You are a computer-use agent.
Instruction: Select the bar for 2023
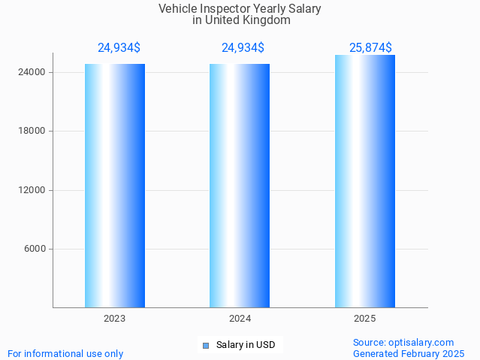pos(114,186)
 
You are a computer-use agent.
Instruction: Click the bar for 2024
pos(240,186)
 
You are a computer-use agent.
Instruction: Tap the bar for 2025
pos(364,181)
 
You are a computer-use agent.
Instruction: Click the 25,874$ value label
pos(370,48)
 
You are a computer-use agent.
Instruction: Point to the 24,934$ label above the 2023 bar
pos(119,48)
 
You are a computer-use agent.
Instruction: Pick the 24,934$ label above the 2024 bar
pos(243,48)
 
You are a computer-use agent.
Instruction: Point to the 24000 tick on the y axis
pos(31,72)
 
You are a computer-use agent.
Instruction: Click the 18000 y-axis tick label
pos(31,131)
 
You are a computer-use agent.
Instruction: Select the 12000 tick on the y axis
pos(31,190)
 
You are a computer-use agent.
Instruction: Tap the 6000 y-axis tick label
pos(34,249)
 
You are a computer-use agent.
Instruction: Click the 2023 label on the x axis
pos(114,319)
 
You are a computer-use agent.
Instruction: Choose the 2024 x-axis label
pos(240,319)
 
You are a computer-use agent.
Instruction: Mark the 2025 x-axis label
pos(364,319)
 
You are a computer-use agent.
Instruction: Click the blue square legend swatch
pos(205,346)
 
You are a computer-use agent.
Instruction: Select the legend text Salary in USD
pos(246,346)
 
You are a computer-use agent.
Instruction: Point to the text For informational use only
pos(65,353)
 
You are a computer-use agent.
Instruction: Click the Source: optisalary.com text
pos(403,342)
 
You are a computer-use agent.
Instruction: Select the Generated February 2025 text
pos(409,353)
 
